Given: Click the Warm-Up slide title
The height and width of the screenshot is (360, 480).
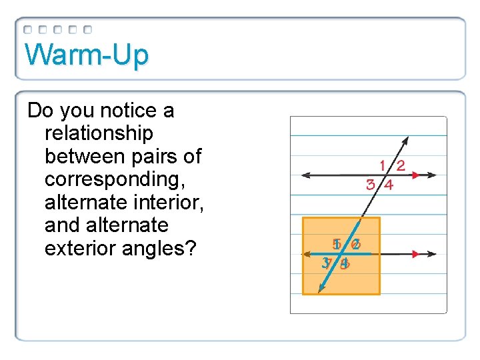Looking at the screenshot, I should click(87, 55).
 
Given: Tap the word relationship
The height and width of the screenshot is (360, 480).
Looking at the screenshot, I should click(99, 133).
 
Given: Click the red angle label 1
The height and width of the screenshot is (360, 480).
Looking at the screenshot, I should click(383, 165).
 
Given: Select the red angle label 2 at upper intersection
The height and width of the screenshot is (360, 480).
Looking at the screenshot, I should click(401, 166).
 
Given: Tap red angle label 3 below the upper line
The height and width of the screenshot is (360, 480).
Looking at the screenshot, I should click(370, 185).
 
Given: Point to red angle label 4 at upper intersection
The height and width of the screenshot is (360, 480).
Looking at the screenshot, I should click(389, 185).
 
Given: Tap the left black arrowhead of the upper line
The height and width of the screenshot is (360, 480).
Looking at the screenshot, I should click(305, 175).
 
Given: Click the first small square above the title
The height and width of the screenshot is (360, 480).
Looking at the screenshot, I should click(27, 30).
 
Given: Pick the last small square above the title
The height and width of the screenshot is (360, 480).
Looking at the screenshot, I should click(88, 30).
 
